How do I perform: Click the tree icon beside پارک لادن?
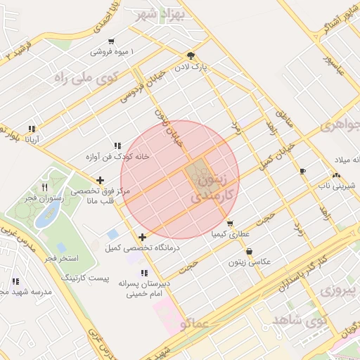click(x=191, y=56)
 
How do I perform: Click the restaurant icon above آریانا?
click(x=31, y=129)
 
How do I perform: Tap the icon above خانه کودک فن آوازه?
click(x=117, y=146)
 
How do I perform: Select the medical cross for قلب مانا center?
click(x=100, y=180)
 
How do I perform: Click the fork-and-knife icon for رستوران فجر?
click(x=45, y=187)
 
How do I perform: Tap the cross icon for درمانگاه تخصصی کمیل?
click(x=143, y=237)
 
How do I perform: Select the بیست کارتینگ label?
click(x=86, y=278)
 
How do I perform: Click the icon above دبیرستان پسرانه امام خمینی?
click(x=144, y=273)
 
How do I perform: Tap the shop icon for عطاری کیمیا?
click(x=230, y=224)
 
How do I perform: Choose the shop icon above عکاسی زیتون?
click(x=249, y=251)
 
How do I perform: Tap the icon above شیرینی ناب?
click(x=336, y=175)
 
